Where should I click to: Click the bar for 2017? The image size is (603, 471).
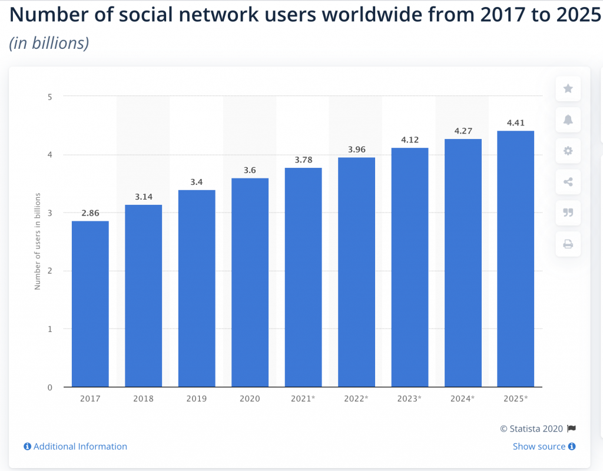click(x=90, y=304)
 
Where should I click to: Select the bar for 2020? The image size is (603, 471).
click(x=250, y=283)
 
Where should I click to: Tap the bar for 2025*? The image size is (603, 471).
click(x=515, y=259)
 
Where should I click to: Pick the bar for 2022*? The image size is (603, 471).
click(x=356, y=272)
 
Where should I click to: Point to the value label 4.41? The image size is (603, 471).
click(x=516, y=123)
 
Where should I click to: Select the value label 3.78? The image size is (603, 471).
click(x=303, y=160)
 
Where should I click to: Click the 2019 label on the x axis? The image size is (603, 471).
click(x=197, y=399)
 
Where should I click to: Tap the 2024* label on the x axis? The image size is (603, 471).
click(x=463, y=399)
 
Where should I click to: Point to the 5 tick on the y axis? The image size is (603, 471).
click(x=49, y=96)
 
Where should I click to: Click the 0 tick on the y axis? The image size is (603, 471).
click(x=49, y=387)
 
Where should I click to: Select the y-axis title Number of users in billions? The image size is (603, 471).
click(x=37, y=241)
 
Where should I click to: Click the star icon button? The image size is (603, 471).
click(x=568, y=89)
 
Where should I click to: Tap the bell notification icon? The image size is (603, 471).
click(x=568, y=120)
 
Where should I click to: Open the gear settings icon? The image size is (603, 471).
click(x=568, y=151)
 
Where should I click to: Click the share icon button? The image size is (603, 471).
click(x=568, y=182)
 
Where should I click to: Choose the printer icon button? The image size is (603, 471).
click(x=568, y=244)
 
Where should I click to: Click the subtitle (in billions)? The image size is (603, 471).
click(x=49, y=43)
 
